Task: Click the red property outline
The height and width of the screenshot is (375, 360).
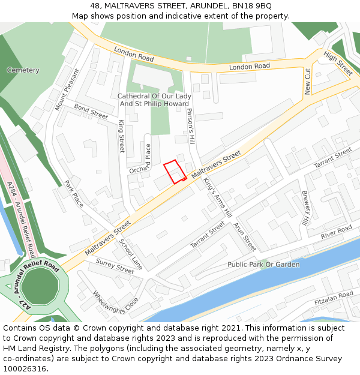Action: (x=174, y=172)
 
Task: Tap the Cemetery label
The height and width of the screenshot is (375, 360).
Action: (x=23, y=70)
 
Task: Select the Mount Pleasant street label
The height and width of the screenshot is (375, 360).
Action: (x=67, y=89)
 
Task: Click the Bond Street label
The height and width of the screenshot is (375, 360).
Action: (x=91, y=111)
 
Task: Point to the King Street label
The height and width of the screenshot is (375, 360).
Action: (x=122, y=136)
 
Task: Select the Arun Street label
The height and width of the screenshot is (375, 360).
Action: (x=245, y=236)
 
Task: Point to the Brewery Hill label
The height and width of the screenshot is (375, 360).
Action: (x=305, y=208)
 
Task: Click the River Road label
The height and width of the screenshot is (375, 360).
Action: (x=336, y=232)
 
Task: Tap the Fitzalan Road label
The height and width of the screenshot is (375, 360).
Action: (x=334, y=298)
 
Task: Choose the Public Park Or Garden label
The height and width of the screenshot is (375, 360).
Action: (x=263, y=265)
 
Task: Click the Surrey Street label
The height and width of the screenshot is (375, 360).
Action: (x=115, y=266)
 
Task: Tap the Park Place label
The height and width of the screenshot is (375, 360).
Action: (x=74, y=193)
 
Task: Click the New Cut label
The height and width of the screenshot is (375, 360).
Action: (x=308, y=82)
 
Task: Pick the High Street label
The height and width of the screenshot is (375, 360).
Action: (x=338, y=63)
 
